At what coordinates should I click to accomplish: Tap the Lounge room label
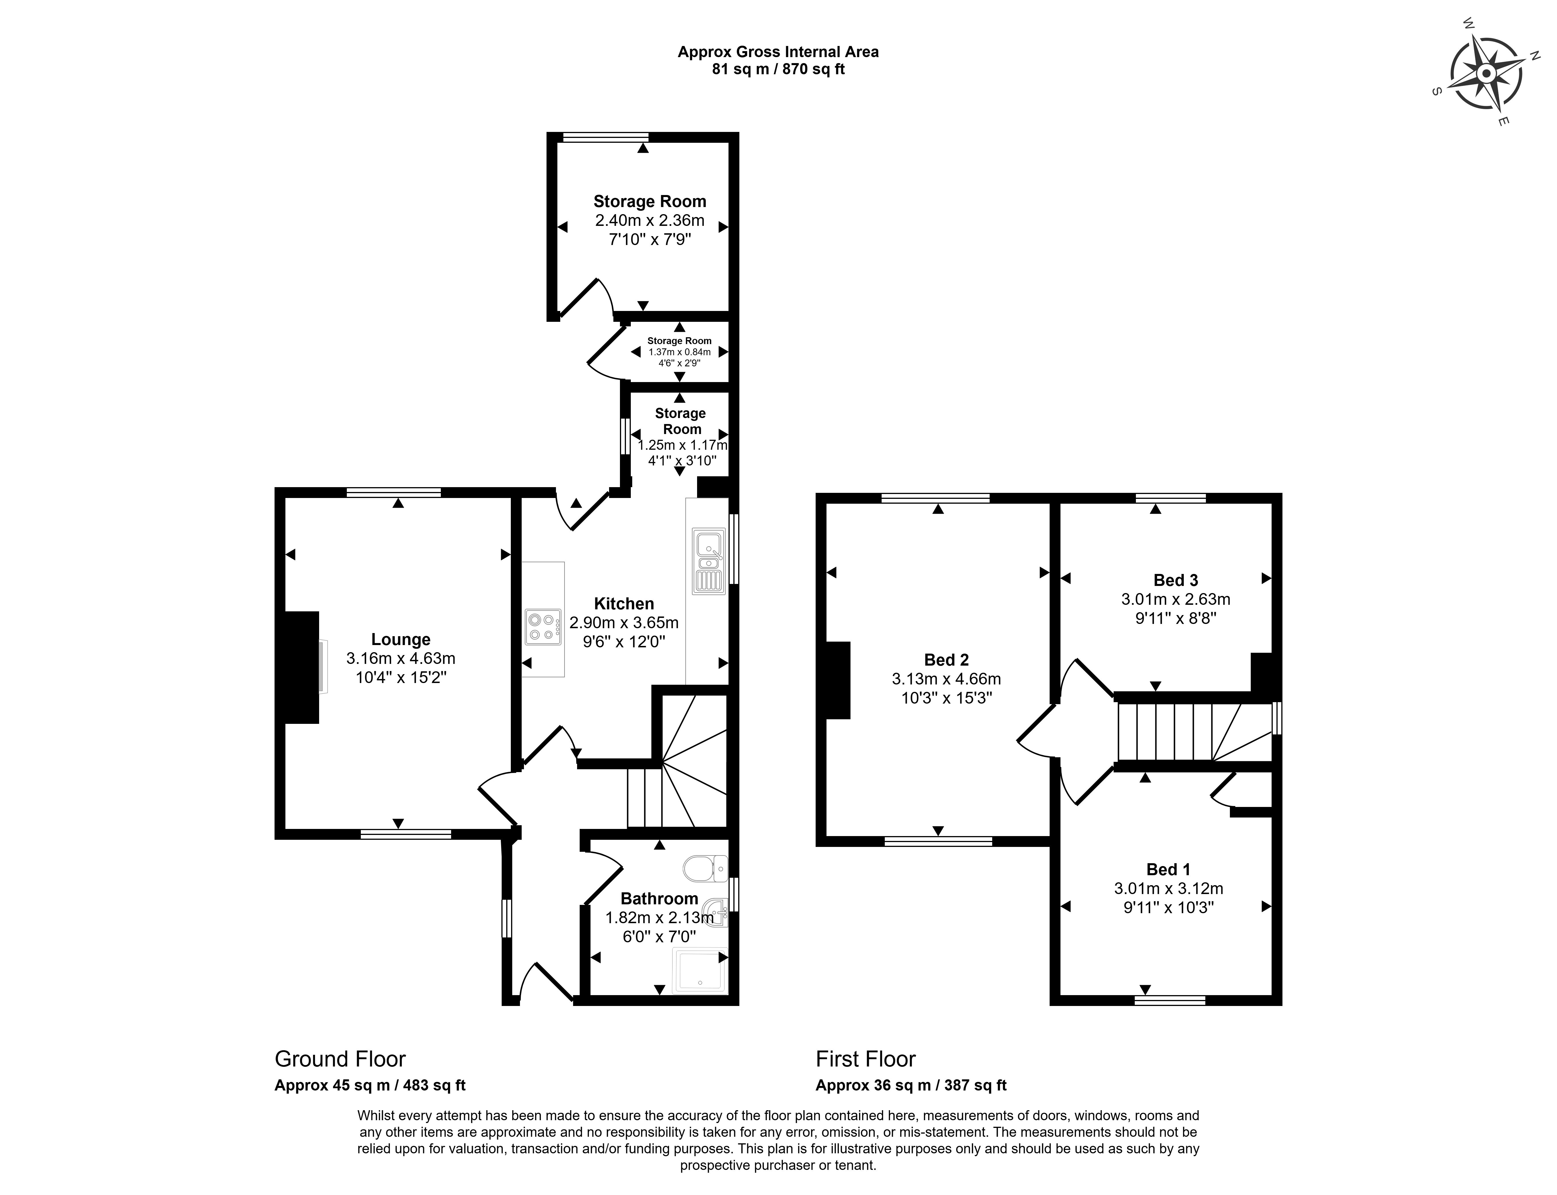(401, 639)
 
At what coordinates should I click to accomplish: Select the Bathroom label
(659, 898)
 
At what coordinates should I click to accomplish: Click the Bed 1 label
(1168, 869)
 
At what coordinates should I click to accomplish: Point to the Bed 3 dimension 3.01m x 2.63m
(1175, 599)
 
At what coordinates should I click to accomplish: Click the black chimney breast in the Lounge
(302, 667)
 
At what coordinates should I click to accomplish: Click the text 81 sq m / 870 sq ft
(778, 70)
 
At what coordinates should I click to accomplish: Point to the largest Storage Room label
(650, 201)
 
